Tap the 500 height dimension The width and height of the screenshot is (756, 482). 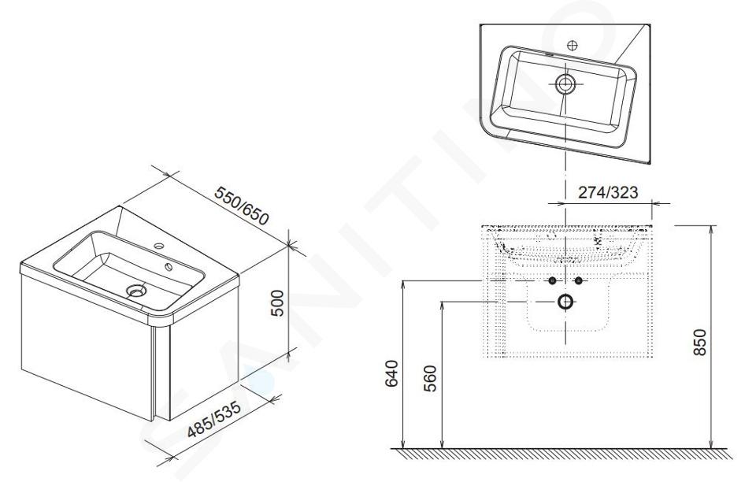[277, 303]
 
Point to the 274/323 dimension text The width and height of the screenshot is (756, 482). [607, 192]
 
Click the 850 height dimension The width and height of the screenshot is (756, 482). [699, 343]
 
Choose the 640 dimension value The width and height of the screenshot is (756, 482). [392, 373]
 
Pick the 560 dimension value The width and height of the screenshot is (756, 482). [431, 379]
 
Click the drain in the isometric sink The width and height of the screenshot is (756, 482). [136, 290]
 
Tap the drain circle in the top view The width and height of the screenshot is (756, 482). [565, 83]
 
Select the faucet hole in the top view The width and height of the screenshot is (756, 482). [573, 46]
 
